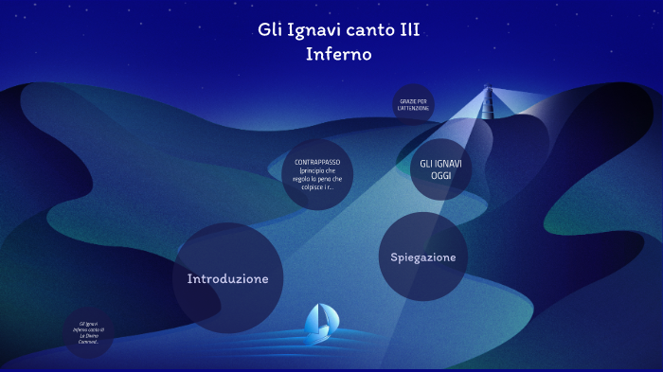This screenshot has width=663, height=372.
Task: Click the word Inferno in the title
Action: coord(338,54)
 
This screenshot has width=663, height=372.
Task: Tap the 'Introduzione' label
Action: coord(228,278)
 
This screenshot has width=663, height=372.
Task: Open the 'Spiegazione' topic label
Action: coord(423,257)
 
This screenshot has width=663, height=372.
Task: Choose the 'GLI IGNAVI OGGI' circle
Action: coord(440,170)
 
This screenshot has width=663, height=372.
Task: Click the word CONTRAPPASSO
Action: coord(317,162)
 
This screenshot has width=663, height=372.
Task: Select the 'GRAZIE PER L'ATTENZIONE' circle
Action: coord(413,104)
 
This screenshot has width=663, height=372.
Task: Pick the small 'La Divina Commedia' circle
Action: coord(90,332)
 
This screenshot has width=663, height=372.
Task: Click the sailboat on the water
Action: coord(318,324)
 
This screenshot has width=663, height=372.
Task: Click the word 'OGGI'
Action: coord(441,176)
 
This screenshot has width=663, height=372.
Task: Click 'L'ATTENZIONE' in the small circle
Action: coord(414,108)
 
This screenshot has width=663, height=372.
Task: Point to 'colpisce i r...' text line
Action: coord(317,186)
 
